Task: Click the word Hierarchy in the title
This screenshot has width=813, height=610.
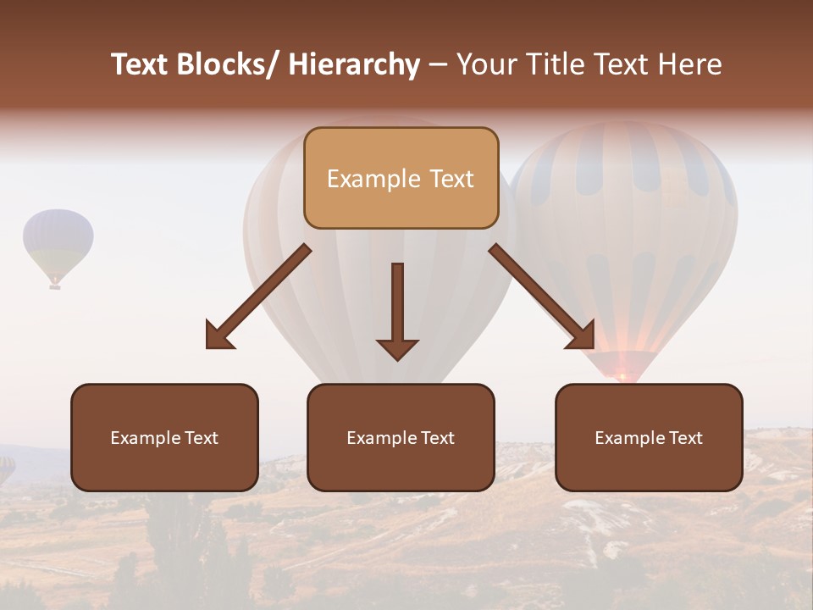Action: [x=354, y=65]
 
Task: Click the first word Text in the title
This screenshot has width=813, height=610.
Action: [x=141, y=65]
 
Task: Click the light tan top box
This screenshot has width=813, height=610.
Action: [x=401, y=178]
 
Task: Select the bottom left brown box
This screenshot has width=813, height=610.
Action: [x=164, y=437]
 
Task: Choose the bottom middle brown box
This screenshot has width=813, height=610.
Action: [x=401, y=437]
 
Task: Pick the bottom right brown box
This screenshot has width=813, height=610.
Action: [x=649, y=437]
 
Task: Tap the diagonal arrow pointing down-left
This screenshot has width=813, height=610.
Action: [x=258, y=297]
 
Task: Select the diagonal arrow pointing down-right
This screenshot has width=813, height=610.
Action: [x=542, y=297]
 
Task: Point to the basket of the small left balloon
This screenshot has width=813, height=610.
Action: [x=55, y=286]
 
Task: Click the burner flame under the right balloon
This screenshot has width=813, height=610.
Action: [x=622, y=375]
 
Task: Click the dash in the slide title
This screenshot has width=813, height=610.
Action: [x=438, y=65]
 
